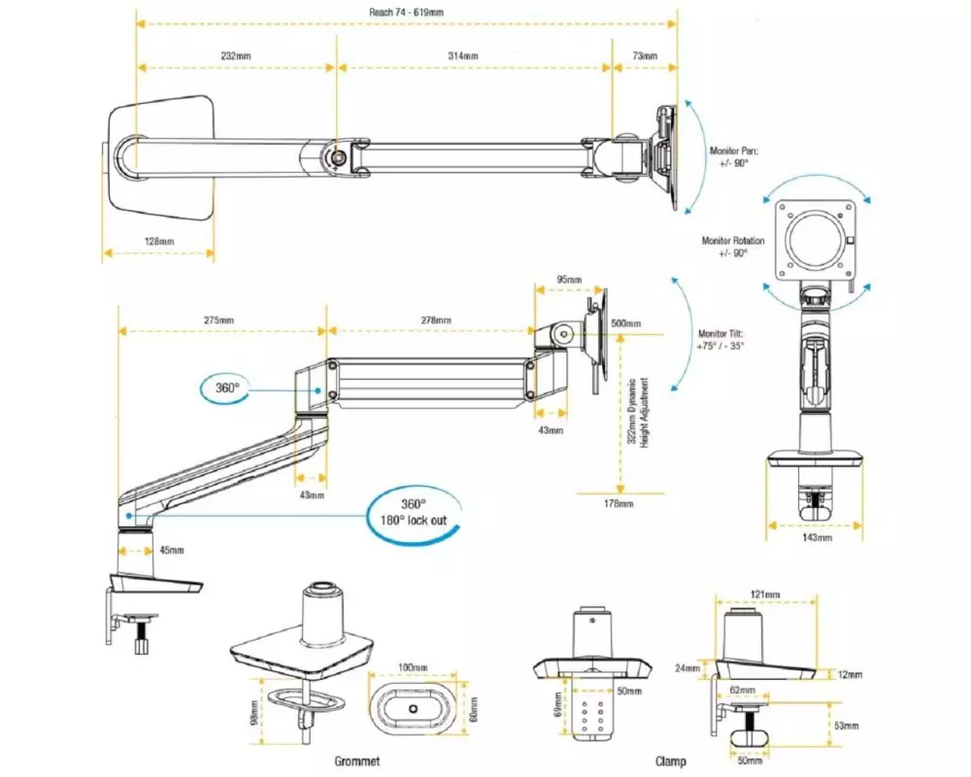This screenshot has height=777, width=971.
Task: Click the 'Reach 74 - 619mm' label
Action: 407,13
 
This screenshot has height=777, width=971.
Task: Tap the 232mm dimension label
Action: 237,56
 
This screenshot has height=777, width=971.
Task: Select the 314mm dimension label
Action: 463,56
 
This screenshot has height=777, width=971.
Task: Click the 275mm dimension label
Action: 218,321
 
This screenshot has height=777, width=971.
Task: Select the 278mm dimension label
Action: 436,321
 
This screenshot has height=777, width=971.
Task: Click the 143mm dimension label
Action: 817,537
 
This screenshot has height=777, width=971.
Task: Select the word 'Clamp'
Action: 670,760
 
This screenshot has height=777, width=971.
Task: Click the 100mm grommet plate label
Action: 413,668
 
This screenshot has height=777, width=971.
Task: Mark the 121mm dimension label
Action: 764,594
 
